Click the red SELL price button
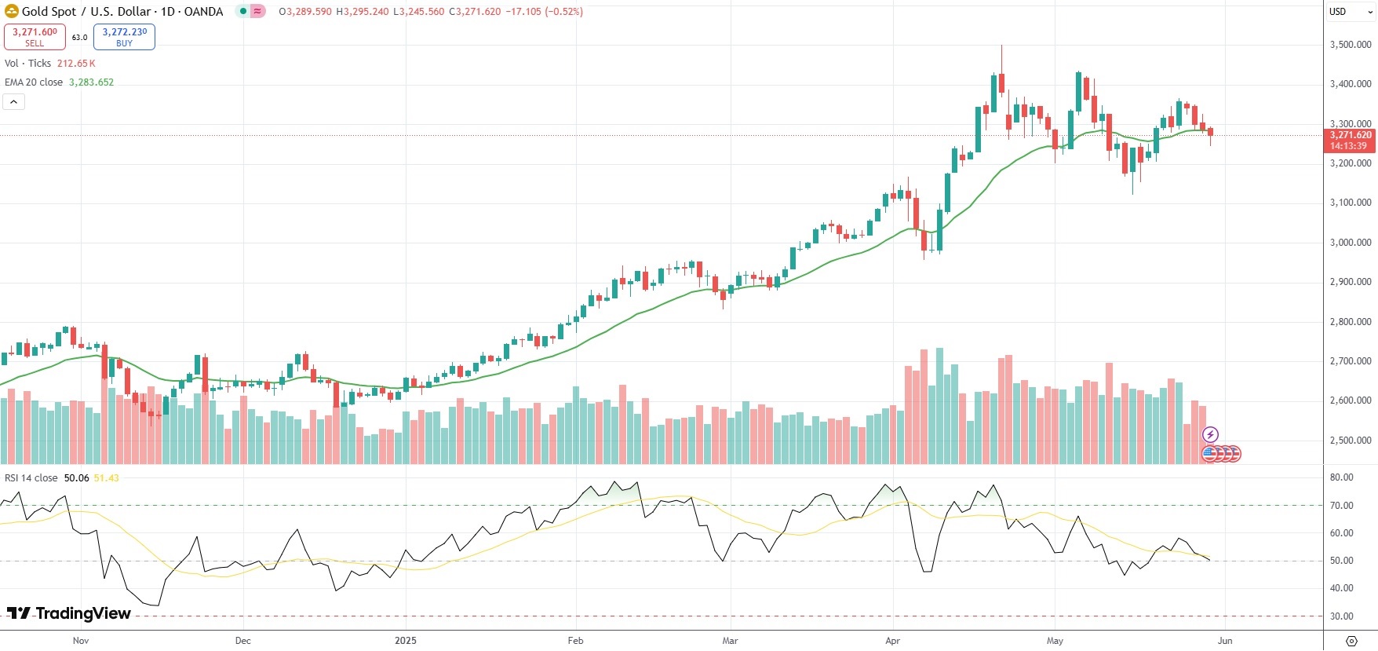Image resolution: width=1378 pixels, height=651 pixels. [35, 36]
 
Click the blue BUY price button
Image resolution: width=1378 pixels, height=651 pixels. [124, 36]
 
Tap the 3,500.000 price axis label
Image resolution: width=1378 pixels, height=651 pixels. [1350, 45]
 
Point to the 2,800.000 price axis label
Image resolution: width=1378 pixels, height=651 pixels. [1350, 322]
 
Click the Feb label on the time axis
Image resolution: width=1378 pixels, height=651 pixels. [575, 641]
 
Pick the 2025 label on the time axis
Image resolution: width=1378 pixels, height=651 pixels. [406, 641]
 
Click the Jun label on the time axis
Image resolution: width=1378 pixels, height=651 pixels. [1225, 641]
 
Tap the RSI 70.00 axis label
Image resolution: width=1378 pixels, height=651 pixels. [1341, 506]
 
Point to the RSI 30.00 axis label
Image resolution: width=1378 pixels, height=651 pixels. [1341, 616]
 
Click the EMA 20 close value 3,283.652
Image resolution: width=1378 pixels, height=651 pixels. [91, 82]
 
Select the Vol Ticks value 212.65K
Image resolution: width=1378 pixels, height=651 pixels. [76, 64]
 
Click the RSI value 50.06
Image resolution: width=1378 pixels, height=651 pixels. [76, 478]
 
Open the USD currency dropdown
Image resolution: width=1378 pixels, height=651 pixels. [1350, 12]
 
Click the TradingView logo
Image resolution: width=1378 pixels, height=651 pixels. [69, 613]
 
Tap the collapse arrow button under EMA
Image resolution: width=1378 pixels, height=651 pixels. [14, 101]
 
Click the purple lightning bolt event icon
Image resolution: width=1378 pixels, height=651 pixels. [1210, 434]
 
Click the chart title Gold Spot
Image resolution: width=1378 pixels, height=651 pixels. [49, 12]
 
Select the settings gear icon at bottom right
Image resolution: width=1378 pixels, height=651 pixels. [1351, 641]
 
